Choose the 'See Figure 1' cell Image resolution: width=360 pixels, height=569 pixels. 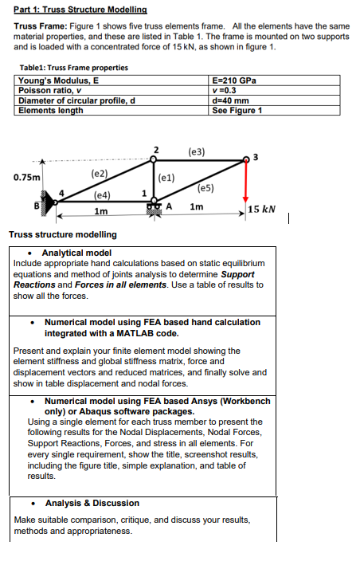[x=237, y=110]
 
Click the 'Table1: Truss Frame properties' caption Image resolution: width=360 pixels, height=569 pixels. [x=71, y=68]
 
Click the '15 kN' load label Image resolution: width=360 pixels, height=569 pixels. [x=262, y=210]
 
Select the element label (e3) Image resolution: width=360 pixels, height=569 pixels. [x=197, y=151]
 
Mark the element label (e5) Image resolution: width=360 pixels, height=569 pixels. [x=205, y=188]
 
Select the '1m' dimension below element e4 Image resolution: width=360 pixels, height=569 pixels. [x=101, y=211]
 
